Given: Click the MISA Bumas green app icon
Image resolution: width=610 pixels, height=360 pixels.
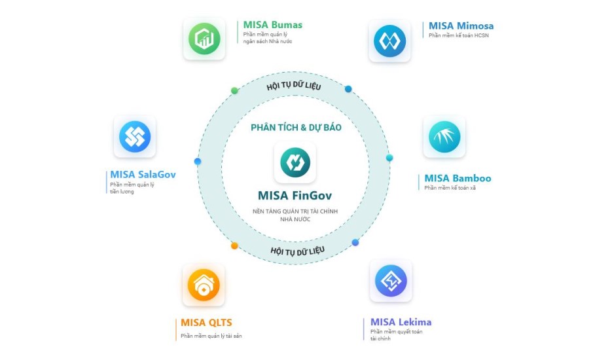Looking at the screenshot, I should pos(204,39).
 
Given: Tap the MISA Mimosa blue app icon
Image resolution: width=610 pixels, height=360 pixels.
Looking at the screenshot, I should pos(389,41).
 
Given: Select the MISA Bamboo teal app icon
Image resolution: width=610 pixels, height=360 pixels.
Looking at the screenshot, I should pos(444,136).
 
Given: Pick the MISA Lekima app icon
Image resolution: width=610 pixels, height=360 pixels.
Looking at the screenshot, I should pos(391,280).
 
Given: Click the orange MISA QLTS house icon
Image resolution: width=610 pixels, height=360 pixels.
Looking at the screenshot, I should pos(204,285).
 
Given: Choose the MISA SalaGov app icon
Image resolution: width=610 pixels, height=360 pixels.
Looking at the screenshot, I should pos(135,137).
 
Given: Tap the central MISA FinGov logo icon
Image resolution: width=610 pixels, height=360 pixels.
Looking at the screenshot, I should pos(295,162).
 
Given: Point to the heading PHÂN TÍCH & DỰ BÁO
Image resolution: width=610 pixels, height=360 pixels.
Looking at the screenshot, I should pos(296,128).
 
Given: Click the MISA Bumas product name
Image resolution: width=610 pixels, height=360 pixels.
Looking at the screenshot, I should pos(272,25).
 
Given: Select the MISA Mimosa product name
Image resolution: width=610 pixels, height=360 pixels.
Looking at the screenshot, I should pos(461,26).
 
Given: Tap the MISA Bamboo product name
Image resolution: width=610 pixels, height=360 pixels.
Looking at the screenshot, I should pos(457,178).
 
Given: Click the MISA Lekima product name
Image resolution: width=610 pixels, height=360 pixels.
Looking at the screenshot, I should pos(401,322).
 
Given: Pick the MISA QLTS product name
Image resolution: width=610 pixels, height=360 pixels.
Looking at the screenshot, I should pos(206,323).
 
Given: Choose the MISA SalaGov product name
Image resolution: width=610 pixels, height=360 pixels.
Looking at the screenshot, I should pos(143,175).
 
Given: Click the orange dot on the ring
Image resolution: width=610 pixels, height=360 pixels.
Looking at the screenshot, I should pos(234,246).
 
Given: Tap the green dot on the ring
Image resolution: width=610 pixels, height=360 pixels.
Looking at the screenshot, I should pos(234,90).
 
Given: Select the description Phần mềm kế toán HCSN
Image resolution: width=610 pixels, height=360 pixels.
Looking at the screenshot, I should pos(458,36).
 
